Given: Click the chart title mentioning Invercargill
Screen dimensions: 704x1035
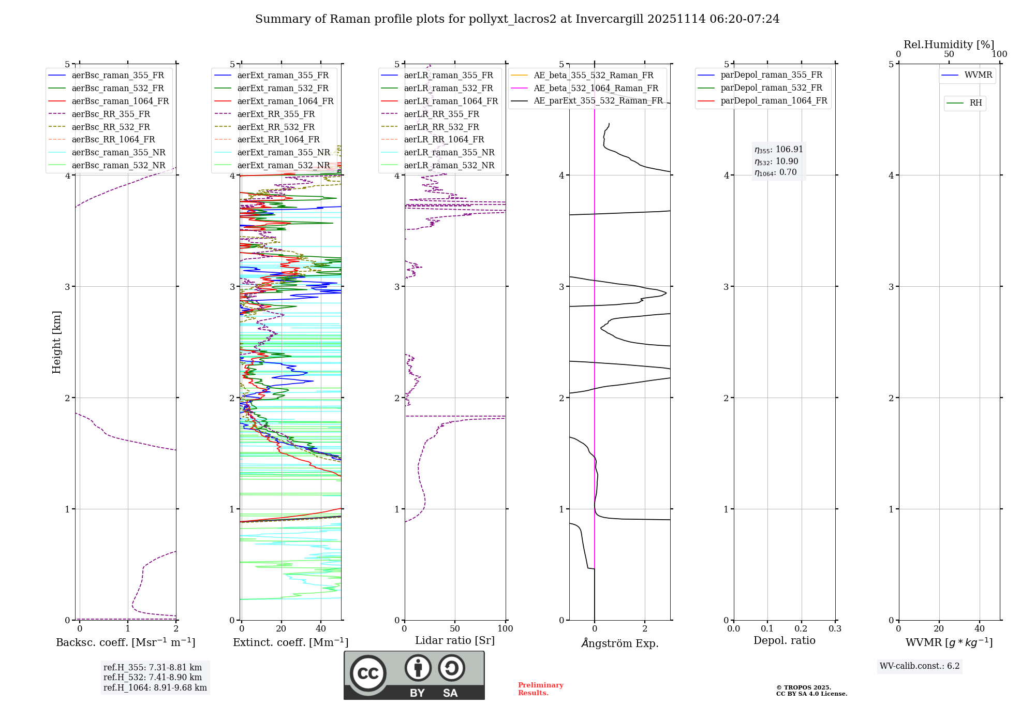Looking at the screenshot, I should point(517,19).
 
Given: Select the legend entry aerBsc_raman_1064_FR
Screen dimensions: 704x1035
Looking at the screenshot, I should point(120,101).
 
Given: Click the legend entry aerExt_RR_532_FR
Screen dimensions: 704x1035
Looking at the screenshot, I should point(276,127).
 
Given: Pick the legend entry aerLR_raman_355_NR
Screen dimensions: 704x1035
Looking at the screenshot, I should point(449,152).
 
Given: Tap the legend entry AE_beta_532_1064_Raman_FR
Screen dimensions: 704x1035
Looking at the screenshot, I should point(596,88).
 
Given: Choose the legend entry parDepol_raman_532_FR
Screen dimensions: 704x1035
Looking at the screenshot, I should point(771,87).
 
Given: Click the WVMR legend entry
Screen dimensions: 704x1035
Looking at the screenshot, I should point(978,75).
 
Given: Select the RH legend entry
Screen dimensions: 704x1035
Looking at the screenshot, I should point(975,103).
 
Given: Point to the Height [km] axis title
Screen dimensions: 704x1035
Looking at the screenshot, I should point(56,342).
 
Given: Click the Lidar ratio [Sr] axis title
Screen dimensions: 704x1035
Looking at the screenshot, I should point(455,640).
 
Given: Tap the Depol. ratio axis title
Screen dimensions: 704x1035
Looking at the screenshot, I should point(784,640).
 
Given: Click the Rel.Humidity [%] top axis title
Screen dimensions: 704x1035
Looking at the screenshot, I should point(949,45).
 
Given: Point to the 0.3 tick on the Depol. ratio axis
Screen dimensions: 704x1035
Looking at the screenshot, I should point(835,629).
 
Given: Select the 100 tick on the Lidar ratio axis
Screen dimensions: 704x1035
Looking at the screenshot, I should point(505,629).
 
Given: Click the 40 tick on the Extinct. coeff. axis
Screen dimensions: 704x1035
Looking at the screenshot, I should point(321,629).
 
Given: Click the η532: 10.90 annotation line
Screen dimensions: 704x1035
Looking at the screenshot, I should point(776,162).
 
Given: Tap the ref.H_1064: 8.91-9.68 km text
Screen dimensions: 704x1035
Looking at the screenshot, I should point(155,688).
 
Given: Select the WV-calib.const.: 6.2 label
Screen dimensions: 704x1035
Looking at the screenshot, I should point(920,666).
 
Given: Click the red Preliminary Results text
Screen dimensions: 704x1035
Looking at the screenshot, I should point(540,689).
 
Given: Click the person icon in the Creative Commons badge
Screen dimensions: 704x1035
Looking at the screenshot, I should point(418,668).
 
